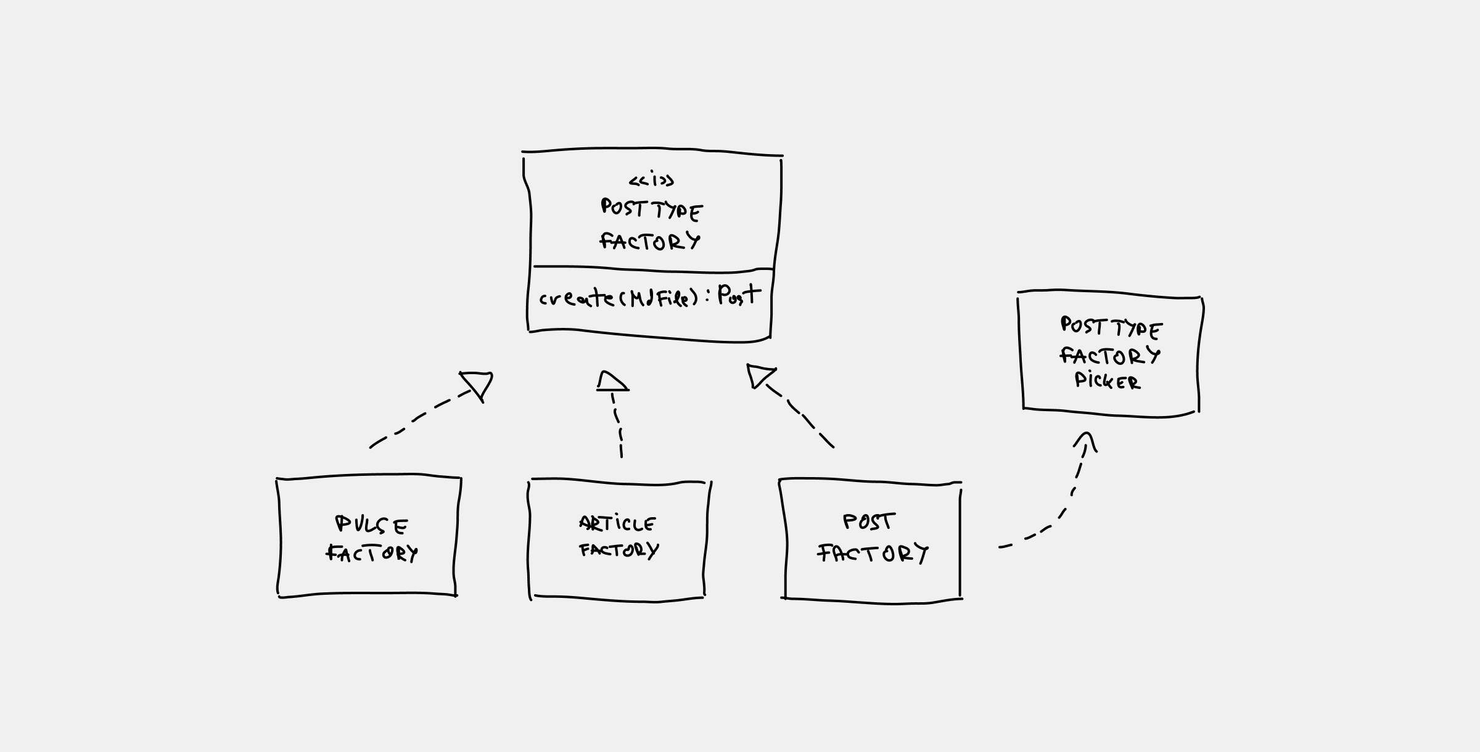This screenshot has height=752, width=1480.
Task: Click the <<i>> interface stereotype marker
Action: tap(651, 181)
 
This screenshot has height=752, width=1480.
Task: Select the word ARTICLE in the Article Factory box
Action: tap(617, 524)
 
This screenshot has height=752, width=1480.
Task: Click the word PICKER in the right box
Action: tap(1108, 381)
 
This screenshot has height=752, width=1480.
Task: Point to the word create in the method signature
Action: tap(576, 298)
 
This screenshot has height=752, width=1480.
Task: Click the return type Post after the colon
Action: tap(739, 295)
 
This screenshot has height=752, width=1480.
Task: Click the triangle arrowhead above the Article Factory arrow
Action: tap(612, 382)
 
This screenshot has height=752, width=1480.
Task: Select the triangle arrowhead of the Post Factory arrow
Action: tap(758, 375)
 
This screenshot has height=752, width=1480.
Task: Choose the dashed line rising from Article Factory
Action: tap(618, 425)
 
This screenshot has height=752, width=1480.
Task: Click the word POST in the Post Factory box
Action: tap(868, 522)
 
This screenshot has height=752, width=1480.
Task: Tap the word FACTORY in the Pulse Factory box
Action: tap(372, 553)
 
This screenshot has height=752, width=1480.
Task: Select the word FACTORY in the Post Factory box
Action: tap(873, 553)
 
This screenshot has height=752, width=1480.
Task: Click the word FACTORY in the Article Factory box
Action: tap(619, 550)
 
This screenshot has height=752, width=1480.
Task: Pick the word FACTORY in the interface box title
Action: tap(651, 241)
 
